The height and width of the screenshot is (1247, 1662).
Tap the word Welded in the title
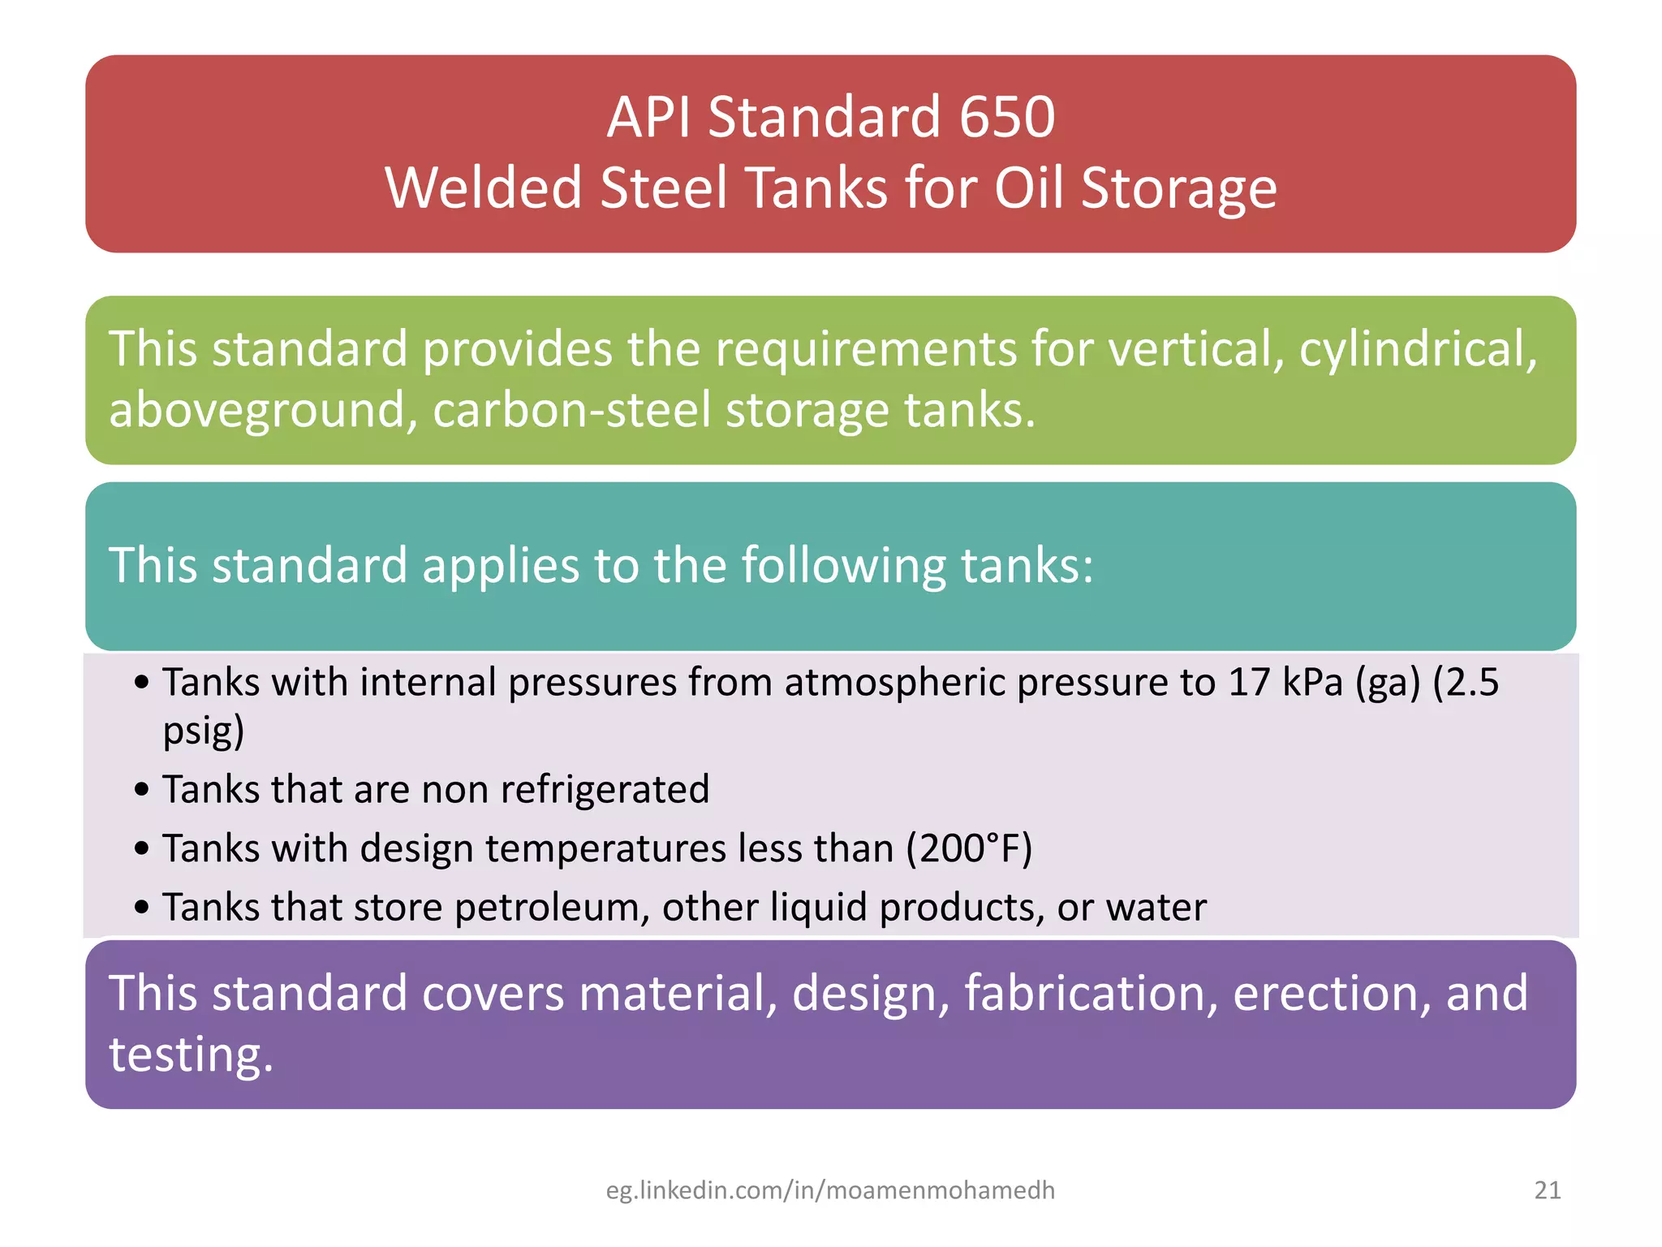484,188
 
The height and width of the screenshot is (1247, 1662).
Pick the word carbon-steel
572,411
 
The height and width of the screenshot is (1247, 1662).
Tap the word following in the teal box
844,566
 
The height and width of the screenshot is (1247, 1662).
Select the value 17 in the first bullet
1248,682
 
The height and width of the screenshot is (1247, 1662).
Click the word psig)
204,731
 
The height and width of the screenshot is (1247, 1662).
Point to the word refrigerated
605,789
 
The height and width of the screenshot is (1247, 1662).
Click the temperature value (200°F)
969,849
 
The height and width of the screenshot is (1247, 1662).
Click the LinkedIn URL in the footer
830,1190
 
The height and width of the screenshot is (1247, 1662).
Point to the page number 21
1548,1190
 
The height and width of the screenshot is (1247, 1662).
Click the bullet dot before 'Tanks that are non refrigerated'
143,790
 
